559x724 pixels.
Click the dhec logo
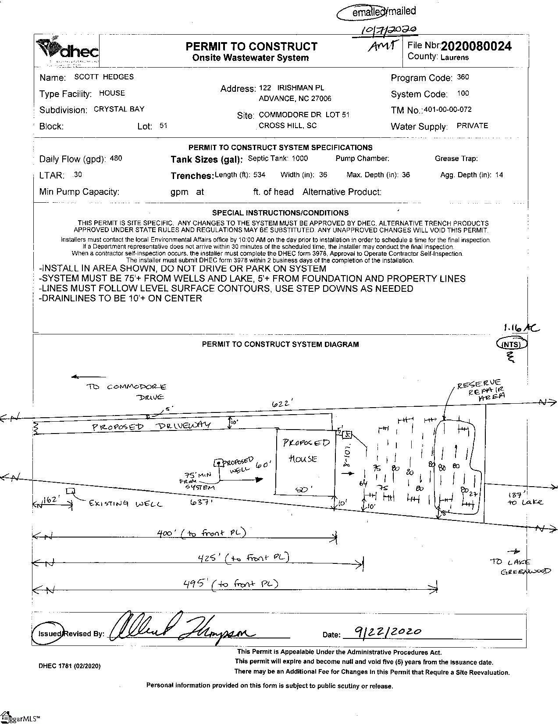(68, 50)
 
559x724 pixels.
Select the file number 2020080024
(476, 46)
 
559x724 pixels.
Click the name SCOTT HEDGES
(104, 77)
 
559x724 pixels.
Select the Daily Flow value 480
(116, 158)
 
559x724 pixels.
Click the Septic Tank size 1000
(300, 158)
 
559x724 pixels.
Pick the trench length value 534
(259, 175)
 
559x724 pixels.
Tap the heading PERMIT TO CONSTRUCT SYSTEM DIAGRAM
(280, 344)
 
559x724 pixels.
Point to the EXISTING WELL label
(125, 503)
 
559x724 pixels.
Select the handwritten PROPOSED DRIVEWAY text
(151, 426)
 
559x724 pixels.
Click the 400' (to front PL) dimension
(201, 533)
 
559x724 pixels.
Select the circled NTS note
(511, 344)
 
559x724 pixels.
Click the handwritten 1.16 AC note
(521, 328)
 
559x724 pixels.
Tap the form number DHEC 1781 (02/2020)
(69, 666)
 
